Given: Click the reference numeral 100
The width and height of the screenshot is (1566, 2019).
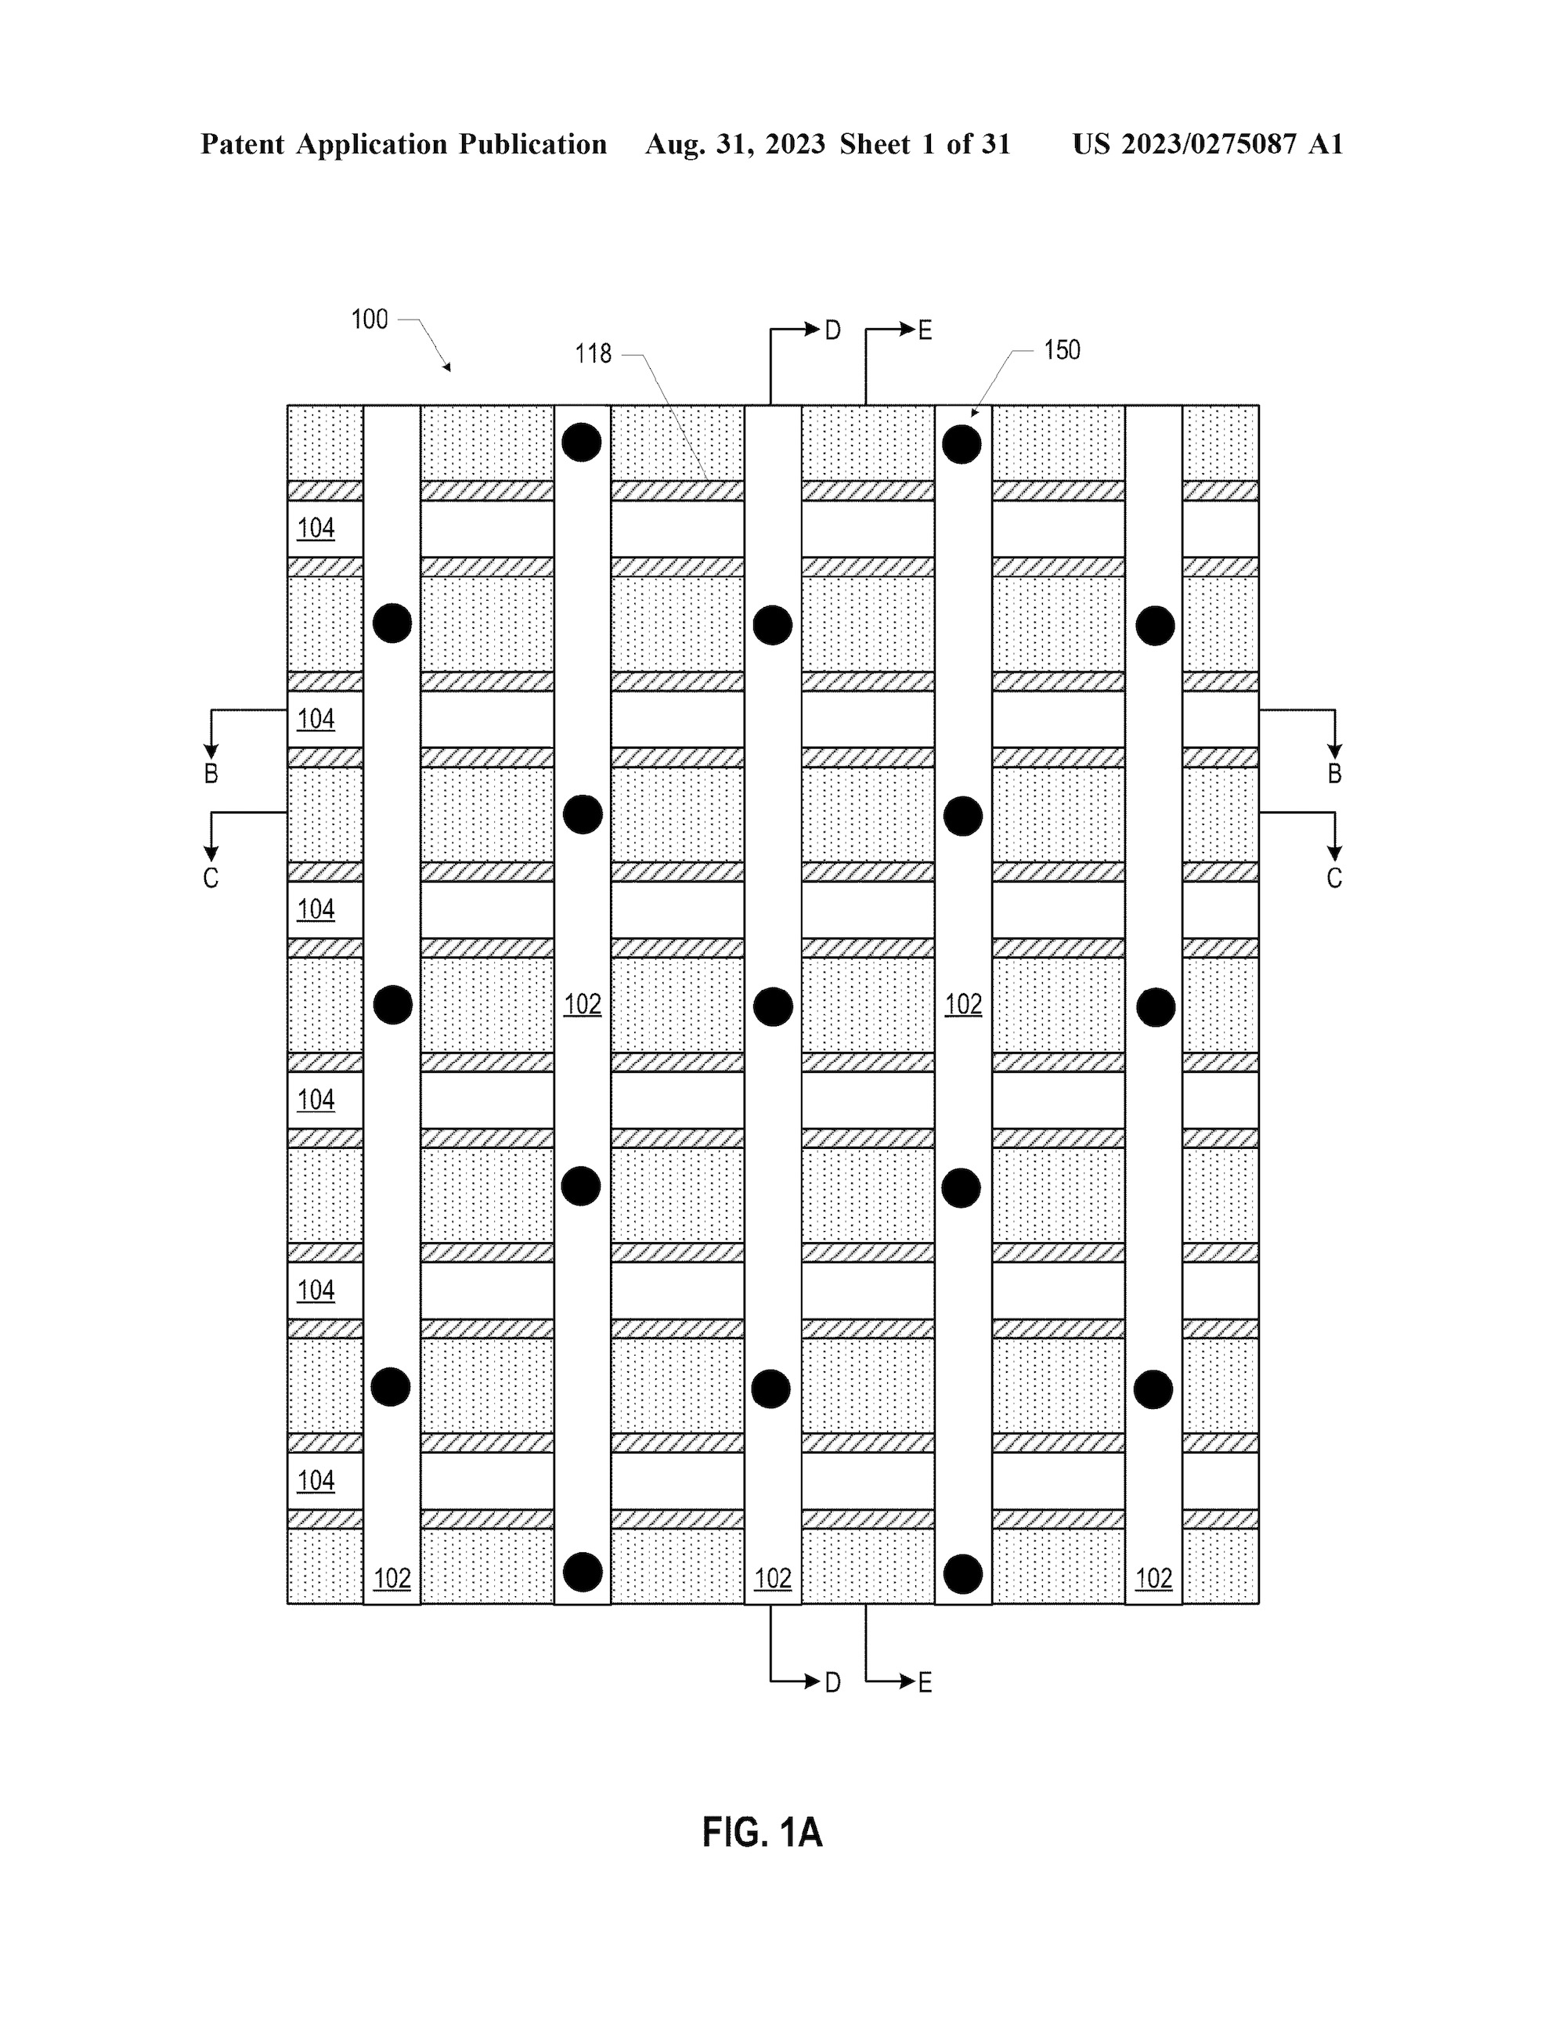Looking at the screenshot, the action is tap(369, 320).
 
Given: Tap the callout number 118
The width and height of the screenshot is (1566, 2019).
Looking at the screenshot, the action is tap(593, 354).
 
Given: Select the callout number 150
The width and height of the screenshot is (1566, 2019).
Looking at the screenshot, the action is tap(1063, 350).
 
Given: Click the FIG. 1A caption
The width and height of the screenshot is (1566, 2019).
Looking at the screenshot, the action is tap(762, 1833).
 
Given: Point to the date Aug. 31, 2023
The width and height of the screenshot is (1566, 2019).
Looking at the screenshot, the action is tap(735, 144).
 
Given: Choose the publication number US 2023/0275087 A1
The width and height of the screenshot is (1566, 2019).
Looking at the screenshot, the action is tap(1207, 144).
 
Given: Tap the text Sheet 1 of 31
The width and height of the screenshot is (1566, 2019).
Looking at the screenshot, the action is tap(926, 144).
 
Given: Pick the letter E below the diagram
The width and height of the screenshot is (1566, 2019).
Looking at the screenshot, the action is tap(926, 1682).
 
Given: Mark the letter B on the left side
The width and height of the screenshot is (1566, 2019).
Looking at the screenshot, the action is tap(211, 774).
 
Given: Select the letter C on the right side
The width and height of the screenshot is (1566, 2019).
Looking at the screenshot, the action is tap(1334, 878).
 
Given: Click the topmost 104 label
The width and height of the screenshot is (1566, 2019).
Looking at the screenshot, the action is tap(316, 528).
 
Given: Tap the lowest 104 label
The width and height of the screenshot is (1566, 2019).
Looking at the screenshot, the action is tap(316, 1481).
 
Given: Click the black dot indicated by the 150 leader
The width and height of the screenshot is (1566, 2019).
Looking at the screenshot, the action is tap(962, 445).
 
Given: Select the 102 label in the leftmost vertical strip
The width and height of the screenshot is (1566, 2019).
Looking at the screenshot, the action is tap(392, 1578).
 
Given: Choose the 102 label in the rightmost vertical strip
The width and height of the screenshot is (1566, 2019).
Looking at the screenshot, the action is tap(1153, 1578).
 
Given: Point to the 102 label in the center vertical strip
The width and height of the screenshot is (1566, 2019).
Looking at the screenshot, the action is tap(773, 1578).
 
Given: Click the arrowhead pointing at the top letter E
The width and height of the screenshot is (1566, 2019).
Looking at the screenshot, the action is tap(907, 329).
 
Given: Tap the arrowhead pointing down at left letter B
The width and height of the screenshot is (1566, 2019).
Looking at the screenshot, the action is tap(211, 752).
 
